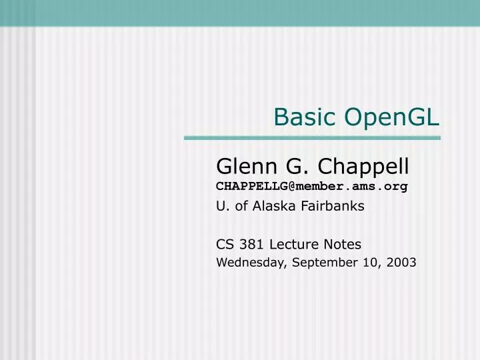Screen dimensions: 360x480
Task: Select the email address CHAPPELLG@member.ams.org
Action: click(311, 186)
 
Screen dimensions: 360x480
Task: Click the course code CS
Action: click(225, 245)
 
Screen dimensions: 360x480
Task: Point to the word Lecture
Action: click(294, 245)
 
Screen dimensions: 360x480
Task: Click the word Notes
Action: click(343, 245)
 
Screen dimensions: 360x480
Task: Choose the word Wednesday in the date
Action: click(251, 263)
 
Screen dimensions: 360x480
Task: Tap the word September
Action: click(324, 263)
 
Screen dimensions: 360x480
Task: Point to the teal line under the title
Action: click(312, 138)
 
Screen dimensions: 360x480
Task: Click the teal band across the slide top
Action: click(240, 12)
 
